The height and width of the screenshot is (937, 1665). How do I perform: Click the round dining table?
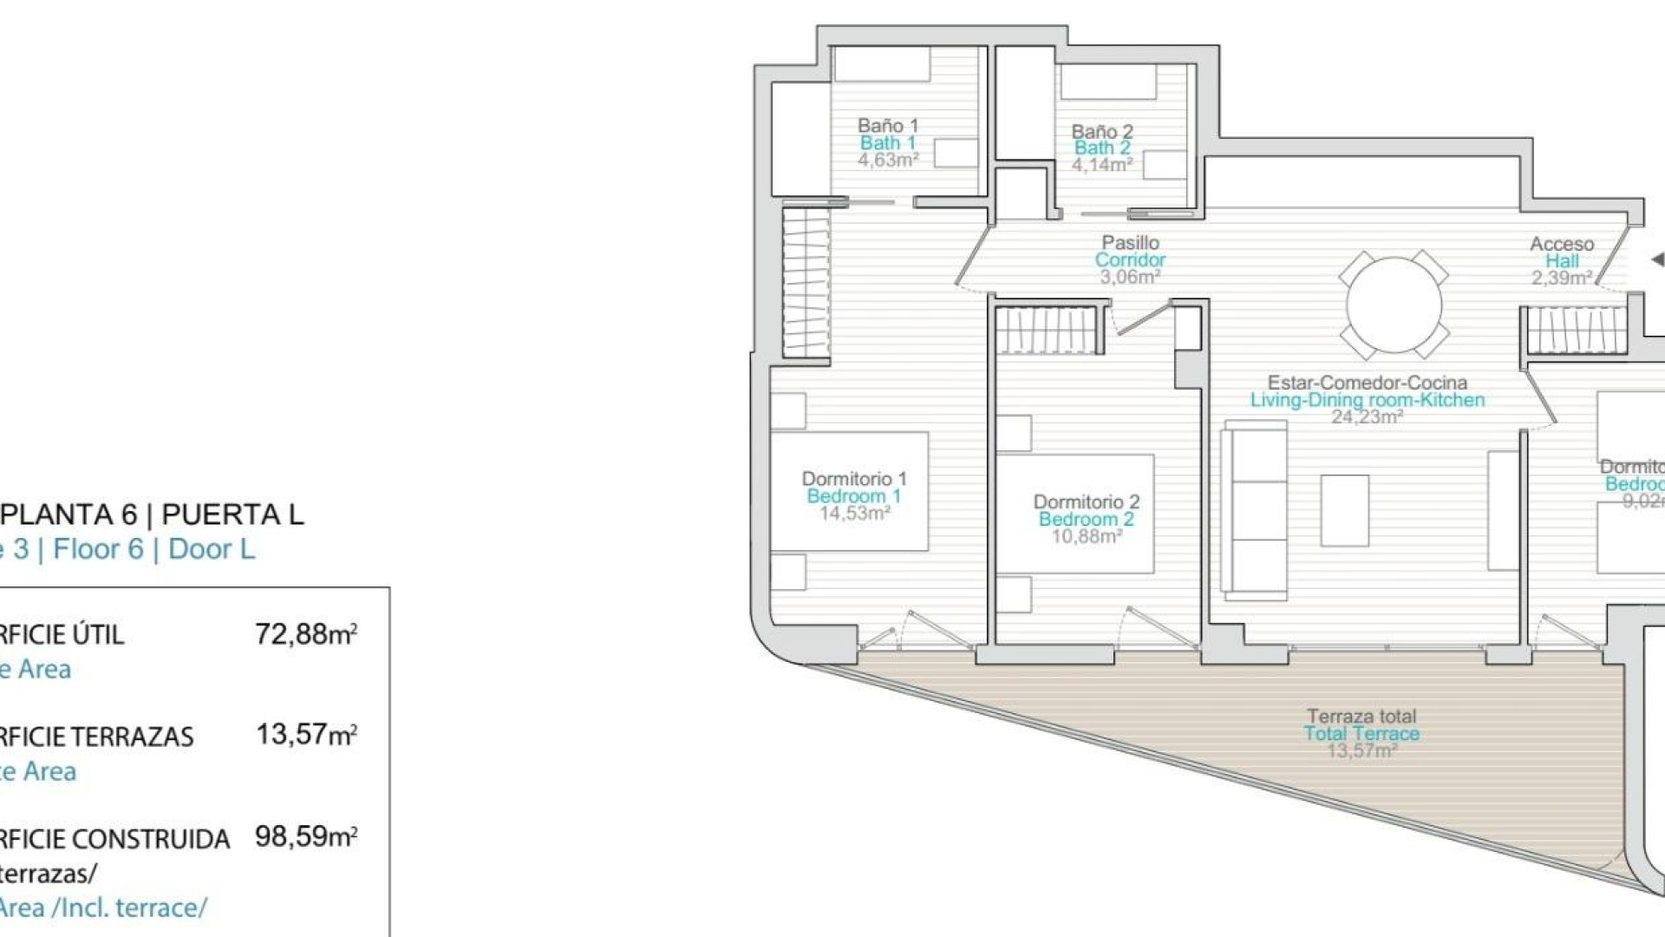1394,305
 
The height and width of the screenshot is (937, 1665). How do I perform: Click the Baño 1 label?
887,126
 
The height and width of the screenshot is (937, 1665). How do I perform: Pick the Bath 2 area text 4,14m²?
1101,165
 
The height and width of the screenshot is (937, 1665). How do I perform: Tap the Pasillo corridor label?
1130,243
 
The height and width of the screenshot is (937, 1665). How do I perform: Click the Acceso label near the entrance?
1561,244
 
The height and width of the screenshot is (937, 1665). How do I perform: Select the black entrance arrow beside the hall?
1656,259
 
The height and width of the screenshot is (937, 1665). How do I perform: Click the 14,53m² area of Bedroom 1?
855,514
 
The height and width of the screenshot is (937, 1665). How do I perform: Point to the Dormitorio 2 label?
1086,501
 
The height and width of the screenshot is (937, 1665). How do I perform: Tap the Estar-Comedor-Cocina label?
1367,383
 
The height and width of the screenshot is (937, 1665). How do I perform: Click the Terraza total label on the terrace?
1361,717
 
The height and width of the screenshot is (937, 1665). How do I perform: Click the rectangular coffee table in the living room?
1344,510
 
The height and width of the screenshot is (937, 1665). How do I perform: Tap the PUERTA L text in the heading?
232,514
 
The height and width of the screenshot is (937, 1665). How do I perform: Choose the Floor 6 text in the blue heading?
98,549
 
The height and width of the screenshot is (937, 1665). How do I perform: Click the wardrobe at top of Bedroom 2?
1048,331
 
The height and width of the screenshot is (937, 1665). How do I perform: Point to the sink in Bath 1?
956,153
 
